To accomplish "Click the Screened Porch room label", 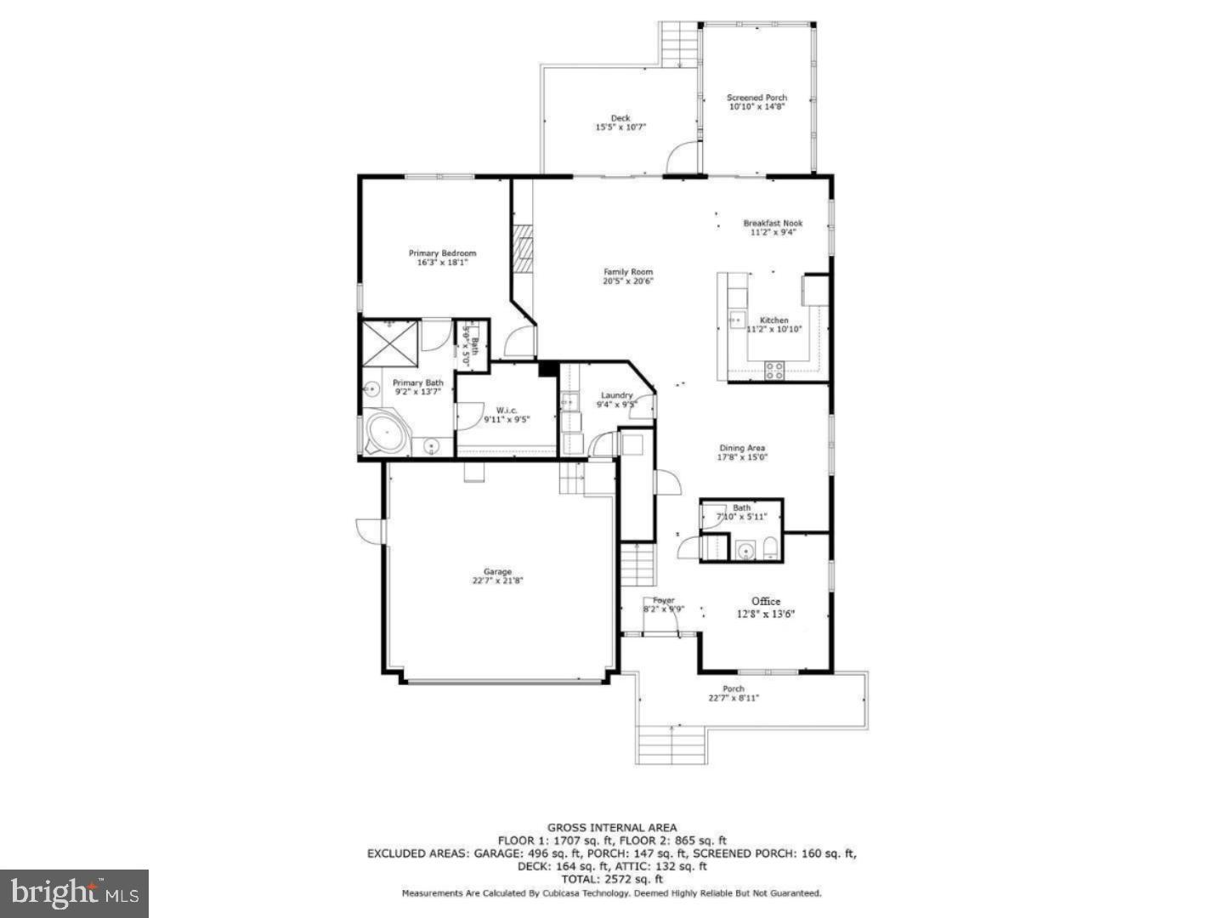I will coord(756,98).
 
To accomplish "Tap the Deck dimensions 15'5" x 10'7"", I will coord(620,127).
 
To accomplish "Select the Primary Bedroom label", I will coord(442,253).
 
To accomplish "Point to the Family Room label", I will coord(628,272).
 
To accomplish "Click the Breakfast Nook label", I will coord(773,224).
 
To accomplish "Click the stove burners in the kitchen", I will coord(774,370).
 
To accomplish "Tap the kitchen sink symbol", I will coord(736,320).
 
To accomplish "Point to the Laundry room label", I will coord(616,395).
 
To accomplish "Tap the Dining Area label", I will coord(743,448).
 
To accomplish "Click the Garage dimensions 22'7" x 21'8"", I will coord(498,581).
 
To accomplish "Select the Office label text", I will coord(765,602).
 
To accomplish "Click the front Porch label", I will coord(733,688).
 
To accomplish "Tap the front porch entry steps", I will coord(671,745).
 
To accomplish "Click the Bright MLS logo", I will coord(74,893).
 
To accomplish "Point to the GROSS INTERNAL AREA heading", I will coord(612,827).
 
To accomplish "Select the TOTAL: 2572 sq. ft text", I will coord(612,880).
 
